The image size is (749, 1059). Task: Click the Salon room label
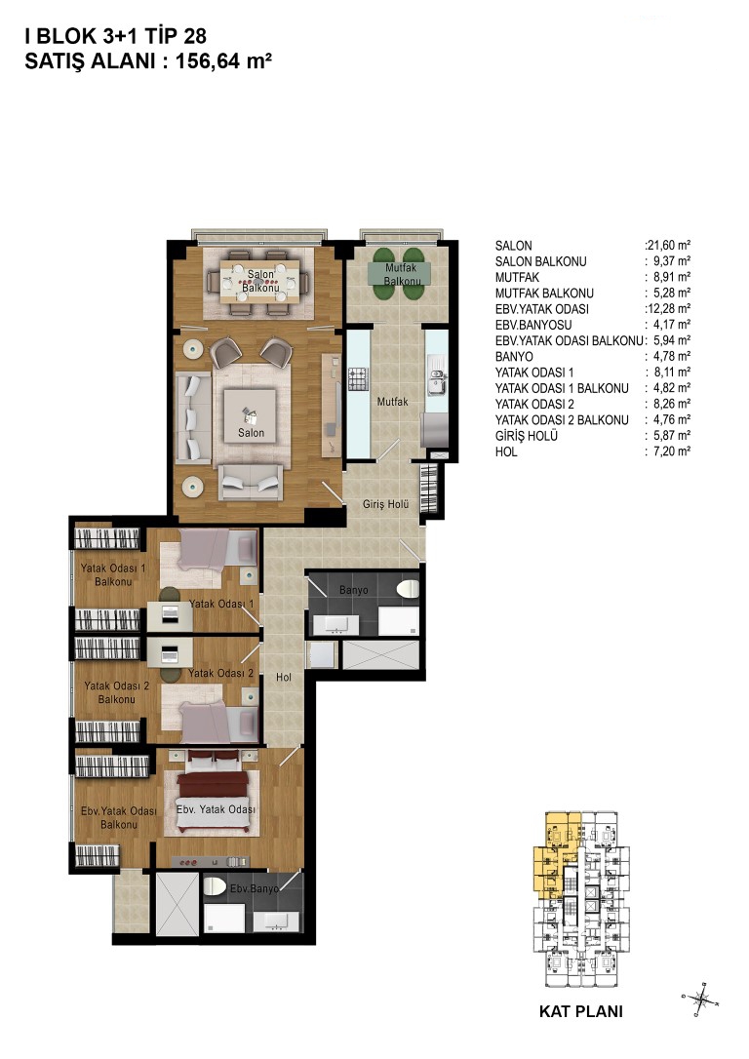tap(251, 433)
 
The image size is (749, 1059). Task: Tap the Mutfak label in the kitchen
tap(392, 402)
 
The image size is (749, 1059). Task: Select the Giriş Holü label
tap(385, 504)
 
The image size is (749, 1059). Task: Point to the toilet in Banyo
tap(408, 588)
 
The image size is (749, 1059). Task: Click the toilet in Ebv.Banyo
tap(215, 886)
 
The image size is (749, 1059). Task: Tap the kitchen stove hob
tap(357, 379)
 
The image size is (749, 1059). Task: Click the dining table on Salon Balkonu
tap(260, 283)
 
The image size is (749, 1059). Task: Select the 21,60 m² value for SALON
tap(669, 246)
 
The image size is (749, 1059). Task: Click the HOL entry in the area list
tap(506, 451)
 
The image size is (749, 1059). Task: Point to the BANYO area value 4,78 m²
tap(672, 357)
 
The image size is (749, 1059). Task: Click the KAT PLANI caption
tap(581, 1011)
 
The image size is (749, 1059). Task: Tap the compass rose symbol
tap(701, 999)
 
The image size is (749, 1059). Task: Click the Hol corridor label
tap(284, 677)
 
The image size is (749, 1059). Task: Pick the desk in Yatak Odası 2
tap(170, 653)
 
